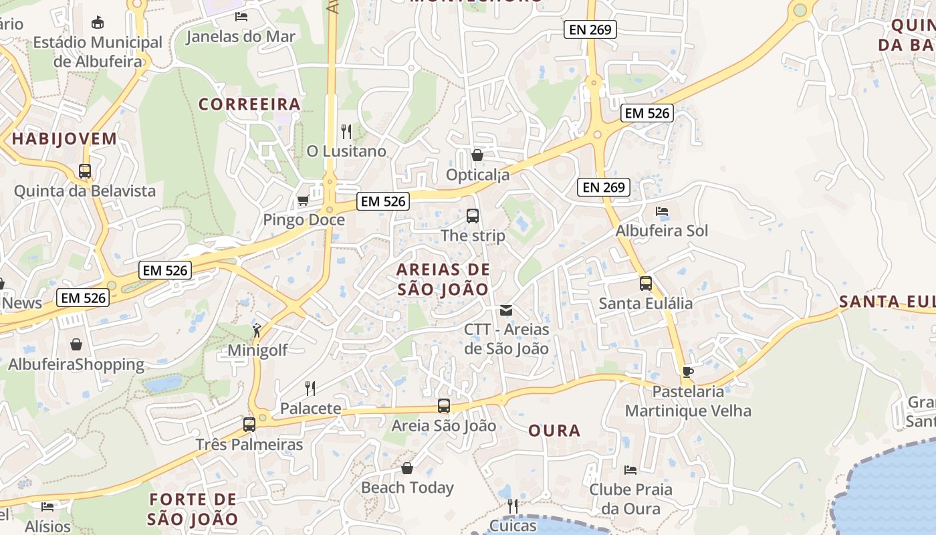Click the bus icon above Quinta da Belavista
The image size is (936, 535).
tap(85, 171)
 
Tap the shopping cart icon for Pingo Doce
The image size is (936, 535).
tap(303, 200)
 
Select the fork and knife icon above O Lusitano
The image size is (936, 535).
tap(346, 131)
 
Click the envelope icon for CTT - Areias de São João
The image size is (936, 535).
tap(506, 310)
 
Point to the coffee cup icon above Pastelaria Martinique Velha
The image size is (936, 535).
tap(688, 372)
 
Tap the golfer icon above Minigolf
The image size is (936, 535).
tap(257, 330)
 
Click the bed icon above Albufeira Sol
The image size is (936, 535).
tap(662, 211)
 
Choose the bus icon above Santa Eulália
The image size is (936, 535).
tap(645, 283)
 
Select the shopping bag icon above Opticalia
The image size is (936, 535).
tap(477, 155)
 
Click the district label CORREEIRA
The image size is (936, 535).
tap(249, 104)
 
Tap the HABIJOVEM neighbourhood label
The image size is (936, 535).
tap(64, 139)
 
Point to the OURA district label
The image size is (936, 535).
tap(554, 431)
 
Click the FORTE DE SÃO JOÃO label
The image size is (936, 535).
tap(193, 509)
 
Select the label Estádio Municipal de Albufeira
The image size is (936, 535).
tap(98, 51)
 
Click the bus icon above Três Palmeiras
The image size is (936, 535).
tap(249, 424)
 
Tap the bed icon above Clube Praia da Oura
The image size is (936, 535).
tap(630, 469)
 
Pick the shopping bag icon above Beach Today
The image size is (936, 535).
tap(406, 468)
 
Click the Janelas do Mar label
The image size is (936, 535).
tap(240, 36)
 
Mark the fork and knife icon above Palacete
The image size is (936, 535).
tap(310, 388)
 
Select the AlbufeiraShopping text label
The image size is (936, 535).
tap(76, 364)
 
